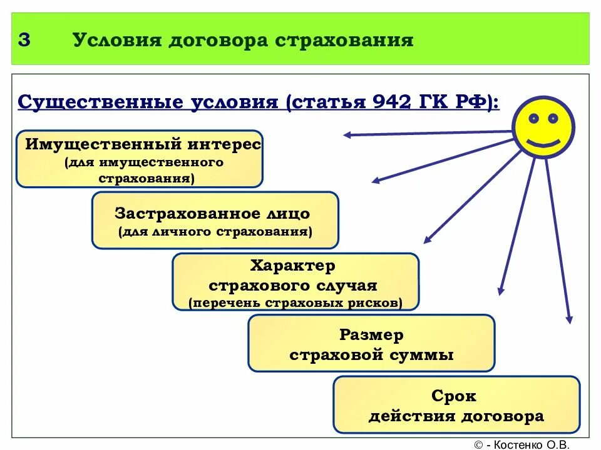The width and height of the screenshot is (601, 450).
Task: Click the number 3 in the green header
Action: (x=24, y=40)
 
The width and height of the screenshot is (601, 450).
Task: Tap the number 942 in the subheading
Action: (x=391, y=102)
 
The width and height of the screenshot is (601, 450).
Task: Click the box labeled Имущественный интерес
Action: (x=139, y=159)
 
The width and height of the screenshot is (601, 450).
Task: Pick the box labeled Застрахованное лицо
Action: (x=215, y=220)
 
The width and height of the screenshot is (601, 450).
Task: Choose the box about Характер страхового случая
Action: (x=295, y=282)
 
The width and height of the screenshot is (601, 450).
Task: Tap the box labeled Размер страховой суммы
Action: (x=371, y=343)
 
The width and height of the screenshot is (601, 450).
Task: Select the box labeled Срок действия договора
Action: (x=456, y=404)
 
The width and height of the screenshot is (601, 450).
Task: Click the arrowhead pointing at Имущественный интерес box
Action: (x=346, y=134)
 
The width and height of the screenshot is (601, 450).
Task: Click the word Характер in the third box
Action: (x=293, y=266)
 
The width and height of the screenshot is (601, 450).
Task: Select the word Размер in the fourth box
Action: (x=371, y=334)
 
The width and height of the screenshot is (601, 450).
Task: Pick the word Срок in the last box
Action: (x=454, y=396)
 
